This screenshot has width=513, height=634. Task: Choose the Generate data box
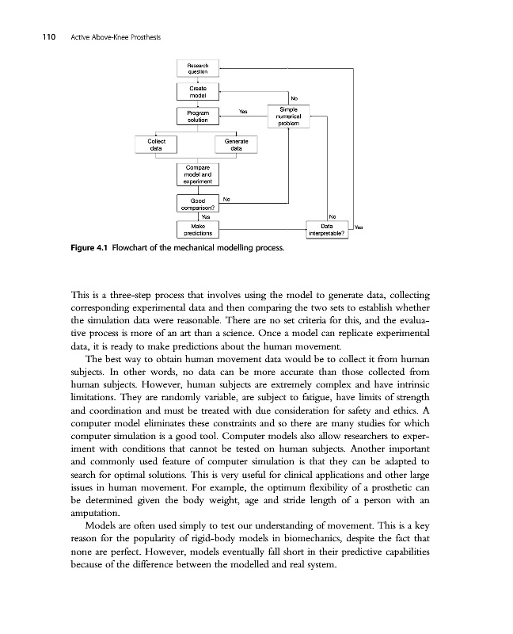pos(236,144)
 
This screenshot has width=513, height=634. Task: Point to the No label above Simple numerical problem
pos(294,98)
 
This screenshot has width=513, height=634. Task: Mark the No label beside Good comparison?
pos(226,199)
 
